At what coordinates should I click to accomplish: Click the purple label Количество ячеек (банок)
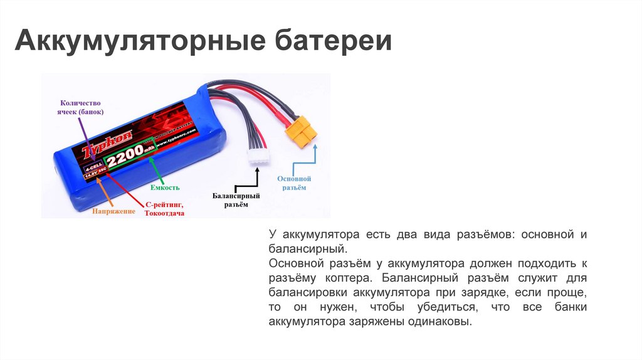pos(80,107)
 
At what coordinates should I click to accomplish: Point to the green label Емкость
pos(166,187)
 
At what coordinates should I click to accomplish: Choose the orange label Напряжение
pos(114,211)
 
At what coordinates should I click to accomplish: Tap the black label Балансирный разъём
pos(236,200)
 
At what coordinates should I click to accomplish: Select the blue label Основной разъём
pos(293,183)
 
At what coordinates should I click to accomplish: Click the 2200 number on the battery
pos(125,162)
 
